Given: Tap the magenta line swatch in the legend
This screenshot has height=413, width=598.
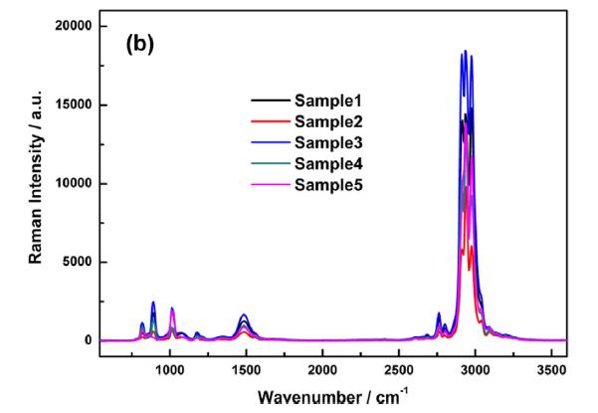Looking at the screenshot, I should [x=268, y=185].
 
